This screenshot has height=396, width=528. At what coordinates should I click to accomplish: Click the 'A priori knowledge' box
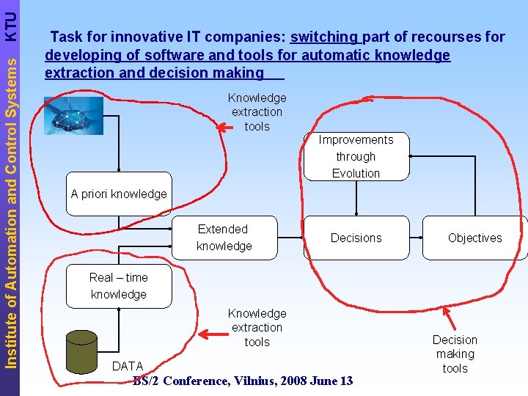[119, 194]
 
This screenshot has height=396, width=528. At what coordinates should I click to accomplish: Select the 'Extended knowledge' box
[224, 238]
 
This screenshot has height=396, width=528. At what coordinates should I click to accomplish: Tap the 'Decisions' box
[356, 238]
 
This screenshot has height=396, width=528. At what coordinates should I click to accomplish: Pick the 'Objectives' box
[474, 238]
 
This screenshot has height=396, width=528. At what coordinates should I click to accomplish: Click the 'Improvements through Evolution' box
[356, 156]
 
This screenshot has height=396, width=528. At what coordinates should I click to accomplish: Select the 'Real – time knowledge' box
[119, 286]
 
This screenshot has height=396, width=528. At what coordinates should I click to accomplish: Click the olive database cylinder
[81, 351]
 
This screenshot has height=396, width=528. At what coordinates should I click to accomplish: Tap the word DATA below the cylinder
[128, 366]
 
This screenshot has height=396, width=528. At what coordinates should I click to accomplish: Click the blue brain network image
[73, 115]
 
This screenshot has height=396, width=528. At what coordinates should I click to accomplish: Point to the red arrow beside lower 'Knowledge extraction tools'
[214, 334]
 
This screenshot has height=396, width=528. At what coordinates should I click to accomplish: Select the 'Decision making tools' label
[455, 354]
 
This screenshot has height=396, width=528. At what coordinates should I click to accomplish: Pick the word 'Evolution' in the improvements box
[356, 174]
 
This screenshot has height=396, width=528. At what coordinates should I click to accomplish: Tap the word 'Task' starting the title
[65, 37]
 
